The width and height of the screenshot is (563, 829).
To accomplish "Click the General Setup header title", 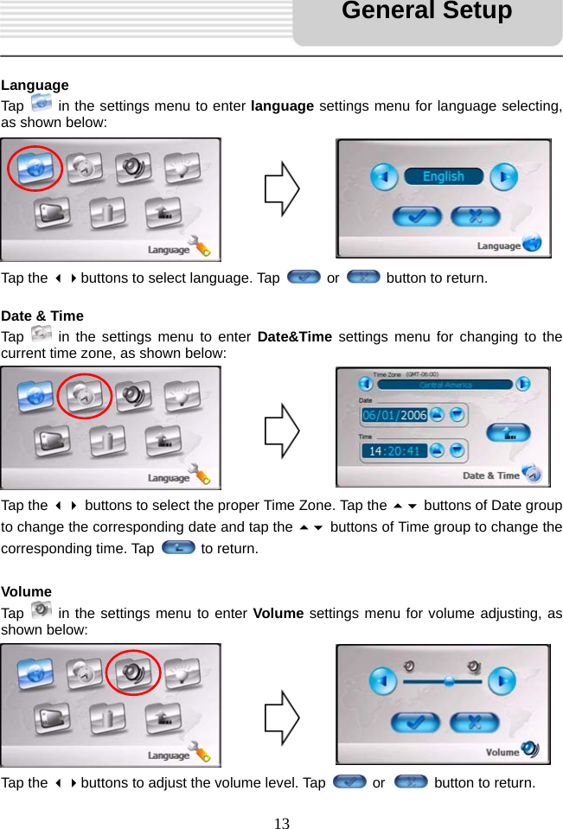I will (x=426, y=11).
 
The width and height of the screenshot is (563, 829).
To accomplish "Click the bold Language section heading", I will (x=35, y=85).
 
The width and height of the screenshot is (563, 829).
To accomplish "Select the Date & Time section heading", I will (x=42, y=316).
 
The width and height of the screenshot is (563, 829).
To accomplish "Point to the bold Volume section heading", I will (x=27, y=592).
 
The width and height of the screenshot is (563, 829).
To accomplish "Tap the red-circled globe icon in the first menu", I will (x=35, y=167).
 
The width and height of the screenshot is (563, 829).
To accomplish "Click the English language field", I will (x=443, y=177).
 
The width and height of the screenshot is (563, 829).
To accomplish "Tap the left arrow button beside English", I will (x=384, y=178).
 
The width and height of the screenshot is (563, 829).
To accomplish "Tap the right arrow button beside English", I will (x=503, y=178).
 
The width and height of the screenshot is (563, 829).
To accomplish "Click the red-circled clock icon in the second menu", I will (x=84, y=395).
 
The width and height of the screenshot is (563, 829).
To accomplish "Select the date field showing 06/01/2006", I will (x=394, y=415).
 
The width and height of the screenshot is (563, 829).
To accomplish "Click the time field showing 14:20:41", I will (x=394, y=450).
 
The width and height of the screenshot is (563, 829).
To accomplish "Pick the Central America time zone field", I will (x=445, y=384).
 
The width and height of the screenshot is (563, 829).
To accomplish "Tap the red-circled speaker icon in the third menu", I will (x=132, y=672).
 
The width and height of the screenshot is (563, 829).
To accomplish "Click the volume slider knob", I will (x=449, y=681).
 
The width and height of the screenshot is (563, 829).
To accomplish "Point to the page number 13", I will (x=281, y=823).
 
